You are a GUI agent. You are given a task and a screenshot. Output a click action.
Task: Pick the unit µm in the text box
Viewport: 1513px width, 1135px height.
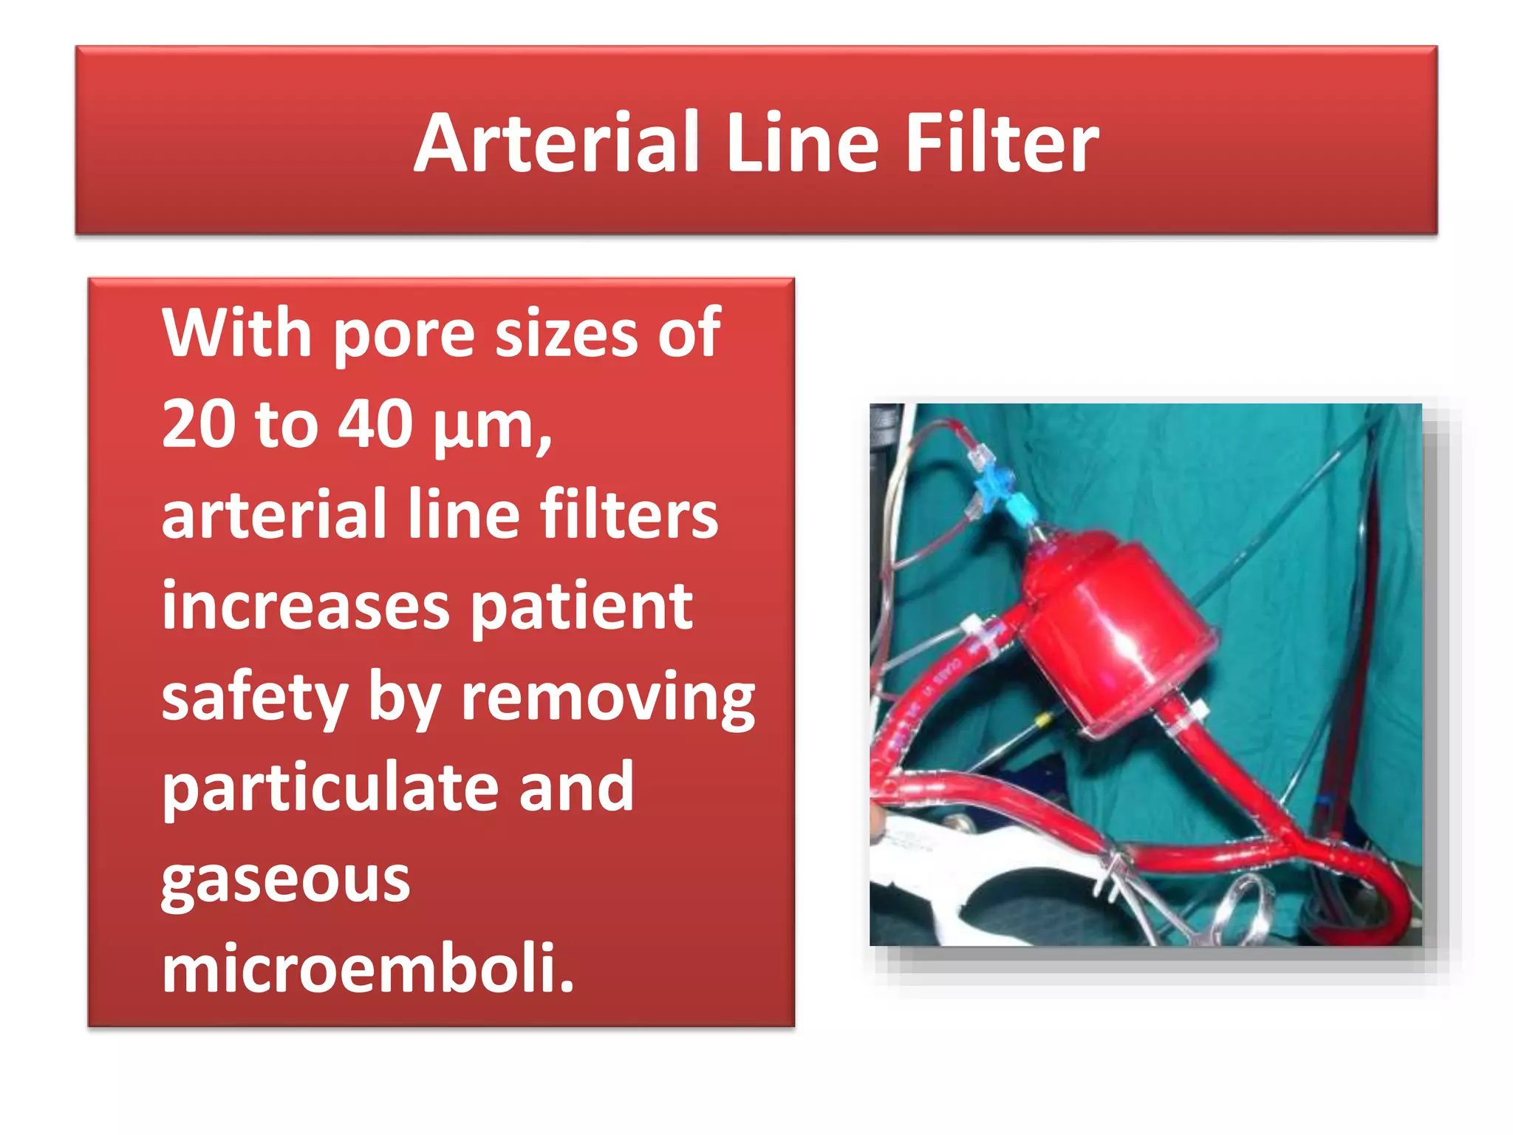[491, 427]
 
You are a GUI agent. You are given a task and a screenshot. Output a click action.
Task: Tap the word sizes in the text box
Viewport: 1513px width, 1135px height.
[565, 334]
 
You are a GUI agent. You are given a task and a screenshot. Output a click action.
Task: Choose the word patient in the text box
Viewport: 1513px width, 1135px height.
[581, 607]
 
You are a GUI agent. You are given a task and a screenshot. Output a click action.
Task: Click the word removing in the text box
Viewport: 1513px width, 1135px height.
[607, 699]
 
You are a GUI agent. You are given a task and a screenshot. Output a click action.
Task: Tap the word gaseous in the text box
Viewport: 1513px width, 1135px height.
[285, 881]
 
